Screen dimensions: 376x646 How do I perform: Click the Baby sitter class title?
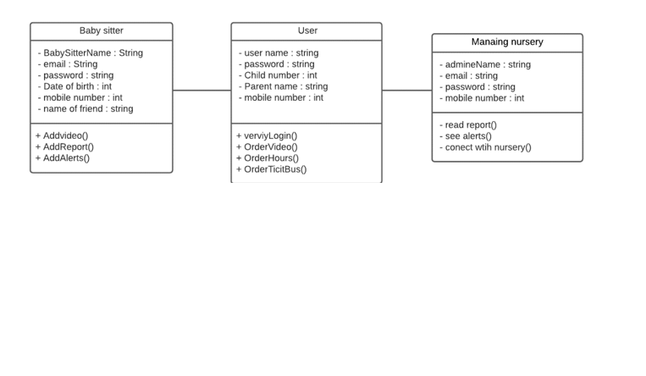[101, 31]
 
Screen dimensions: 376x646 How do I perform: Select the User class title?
[306, 31]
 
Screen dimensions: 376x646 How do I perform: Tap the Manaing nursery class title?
[507, 42]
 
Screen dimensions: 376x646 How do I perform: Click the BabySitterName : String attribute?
[92, 53]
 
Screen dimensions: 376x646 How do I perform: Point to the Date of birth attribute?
[77, 86]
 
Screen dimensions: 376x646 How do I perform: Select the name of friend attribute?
[88, 108]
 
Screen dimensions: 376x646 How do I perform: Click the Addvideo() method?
[63, 135]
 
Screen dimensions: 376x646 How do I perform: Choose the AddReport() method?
[66, 147]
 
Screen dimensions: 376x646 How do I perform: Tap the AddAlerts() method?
[64, 158]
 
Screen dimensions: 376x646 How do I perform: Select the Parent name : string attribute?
[284, 86]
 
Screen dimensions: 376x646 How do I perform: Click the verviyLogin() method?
[268, 135]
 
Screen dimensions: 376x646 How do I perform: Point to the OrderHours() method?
[269, 158]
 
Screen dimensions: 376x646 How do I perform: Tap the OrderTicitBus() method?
[273, 169]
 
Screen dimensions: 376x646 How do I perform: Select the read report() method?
[470, 124]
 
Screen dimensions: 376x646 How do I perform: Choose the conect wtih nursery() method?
[487, 147]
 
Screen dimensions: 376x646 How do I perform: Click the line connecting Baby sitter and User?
[202, 91]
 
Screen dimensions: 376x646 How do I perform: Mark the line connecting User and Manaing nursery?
[406, 91]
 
